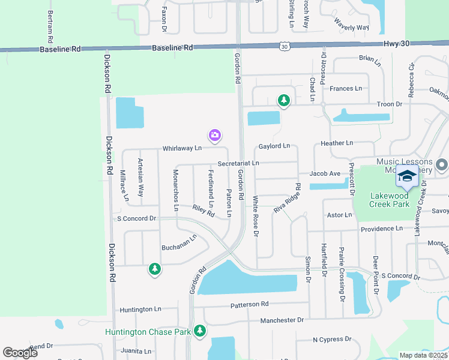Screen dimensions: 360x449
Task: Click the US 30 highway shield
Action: tap(284, 46)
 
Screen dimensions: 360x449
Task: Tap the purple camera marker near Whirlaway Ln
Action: tap(215, 136)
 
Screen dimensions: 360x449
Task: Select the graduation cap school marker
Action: tap(406, 176)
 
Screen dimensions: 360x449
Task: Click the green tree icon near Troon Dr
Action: tap(283, 100)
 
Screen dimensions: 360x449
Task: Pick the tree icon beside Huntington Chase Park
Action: tap(200, 331)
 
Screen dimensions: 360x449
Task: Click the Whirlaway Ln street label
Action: tap(181, 148)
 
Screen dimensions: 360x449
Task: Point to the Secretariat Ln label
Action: tap(238, 163)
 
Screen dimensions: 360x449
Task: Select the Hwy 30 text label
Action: tap(396, 44)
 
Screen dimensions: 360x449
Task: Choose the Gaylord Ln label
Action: tap(274, 146)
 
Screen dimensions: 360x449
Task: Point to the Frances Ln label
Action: tap(346, 89)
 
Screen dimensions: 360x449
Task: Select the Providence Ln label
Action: tap(382, 229)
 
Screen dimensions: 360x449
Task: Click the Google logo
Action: tap(20, 352)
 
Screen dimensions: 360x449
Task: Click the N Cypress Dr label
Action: tap(332, 340)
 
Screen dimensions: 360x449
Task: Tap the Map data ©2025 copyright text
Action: tap(424, 355)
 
